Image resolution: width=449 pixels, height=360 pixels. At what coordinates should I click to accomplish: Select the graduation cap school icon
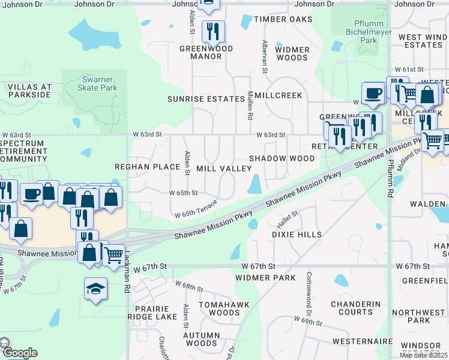(96, 290)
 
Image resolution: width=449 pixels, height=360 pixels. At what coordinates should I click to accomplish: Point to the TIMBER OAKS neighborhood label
(283, 19)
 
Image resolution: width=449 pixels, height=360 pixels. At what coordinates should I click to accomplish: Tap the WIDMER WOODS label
(293, 53)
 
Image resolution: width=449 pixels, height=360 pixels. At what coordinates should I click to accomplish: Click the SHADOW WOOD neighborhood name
(282, 158)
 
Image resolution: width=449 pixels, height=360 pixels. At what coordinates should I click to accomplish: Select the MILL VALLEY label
(224, 169)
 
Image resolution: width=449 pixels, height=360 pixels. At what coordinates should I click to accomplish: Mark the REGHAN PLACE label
(148, 166)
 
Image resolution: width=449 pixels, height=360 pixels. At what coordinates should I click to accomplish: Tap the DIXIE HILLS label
(297, 235)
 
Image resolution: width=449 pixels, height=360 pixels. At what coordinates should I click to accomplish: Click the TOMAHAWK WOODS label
(220, 308)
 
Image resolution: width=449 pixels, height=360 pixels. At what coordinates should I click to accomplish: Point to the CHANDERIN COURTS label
(356, 308)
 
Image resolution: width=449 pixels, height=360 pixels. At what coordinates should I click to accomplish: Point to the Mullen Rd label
(250, 104)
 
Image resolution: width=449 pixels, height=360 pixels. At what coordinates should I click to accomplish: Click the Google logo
(19, 353)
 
